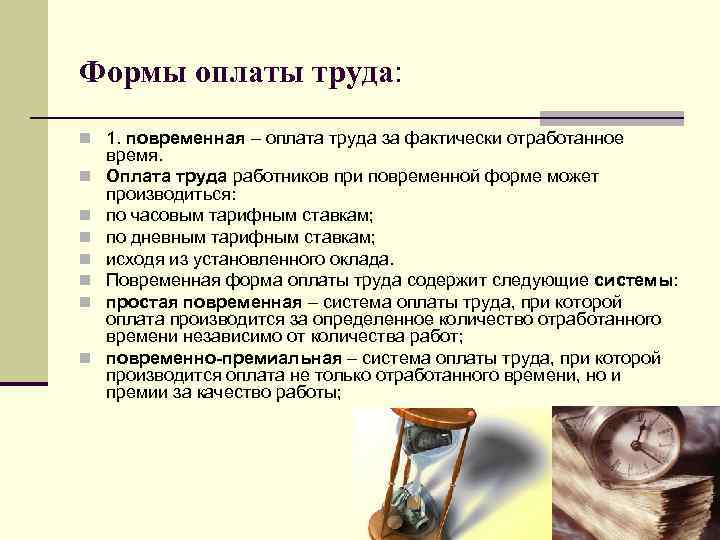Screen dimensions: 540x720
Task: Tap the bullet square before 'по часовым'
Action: (88, 215)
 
